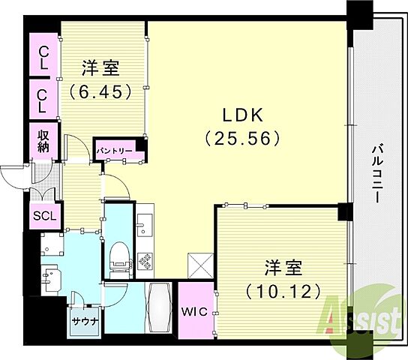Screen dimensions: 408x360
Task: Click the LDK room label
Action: click(242, 115)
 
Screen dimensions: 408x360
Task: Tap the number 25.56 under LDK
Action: click(242, 138)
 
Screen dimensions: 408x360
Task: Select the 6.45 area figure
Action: click(100, 91)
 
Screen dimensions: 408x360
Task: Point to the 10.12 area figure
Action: click(283, 291)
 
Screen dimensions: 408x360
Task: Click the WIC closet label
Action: click(194, 311)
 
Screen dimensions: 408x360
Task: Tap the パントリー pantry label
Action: click(115, 151)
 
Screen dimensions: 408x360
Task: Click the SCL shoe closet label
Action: click(44, 216)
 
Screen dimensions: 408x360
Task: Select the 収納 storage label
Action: click(43, 141)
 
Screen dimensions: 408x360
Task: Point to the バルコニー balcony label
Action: click(377, 174)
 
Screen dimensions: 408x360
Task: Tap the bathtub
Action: click(159, 307)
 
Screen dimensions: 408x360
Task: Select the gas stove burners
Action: click(145, 262)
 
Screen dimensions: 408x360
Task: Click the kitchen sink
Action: click(145, 225)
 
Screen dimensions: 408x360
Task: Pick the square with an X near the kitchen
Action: click(200, 265)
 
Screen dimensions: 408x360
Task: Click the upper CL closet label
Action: click(43, 58)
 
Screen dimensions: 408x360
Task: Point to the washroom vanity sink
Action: click(52, 280)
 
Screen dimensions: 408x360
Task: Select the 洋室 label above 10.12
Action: click(283, 268)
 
